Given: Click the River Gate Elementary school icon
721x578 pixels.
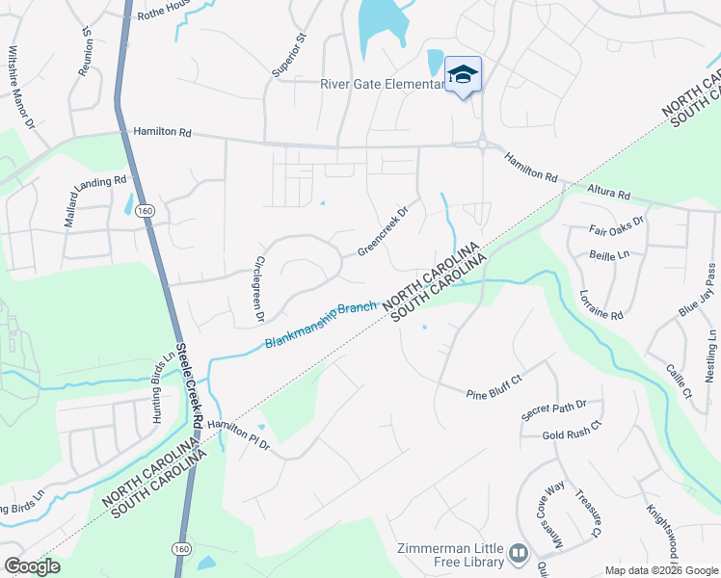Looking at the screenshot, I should [463, 75].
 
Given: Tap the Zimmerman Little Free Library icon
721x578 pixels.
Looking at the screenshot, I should [520, 553].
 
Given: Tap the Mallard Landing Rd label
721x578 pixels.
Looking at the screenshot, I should [95, 200].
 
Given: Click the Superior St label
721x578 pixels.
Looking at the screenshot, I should [288, 55].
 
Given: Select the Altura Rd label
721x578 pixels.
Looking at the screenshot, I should [609, 195].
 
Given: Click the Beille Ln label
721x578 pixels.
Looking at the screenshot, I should [610, 255].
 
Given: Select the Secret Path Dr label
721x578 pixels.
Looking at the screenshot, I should [561, 408].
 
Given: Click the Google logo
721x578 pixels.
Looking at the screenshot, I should [32, 565].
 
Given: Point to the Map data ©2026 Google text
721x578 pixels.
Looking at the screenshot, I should [661, 570].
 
